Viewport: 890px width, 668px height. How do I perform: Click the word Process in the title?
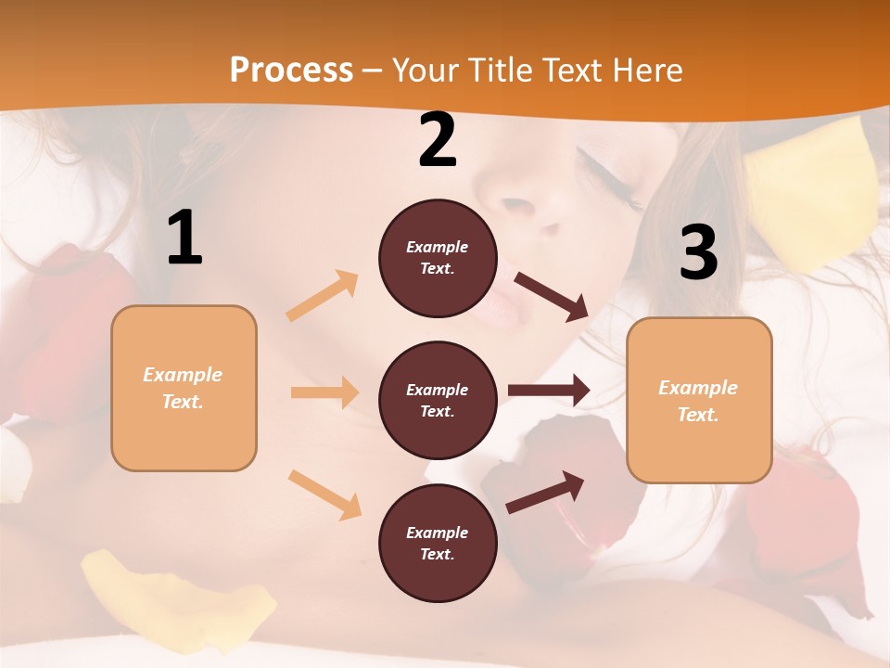pyautogui.click(x=291, y=70)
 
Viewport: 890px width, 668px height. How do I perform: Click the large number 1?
pyautogui.click(x=184, y=238)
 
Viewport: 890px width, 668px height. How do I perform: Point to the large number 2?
pyautogui.click(x=438, y=140)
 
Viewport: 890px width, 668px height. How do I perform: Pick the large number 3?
pyautogui.click(x=699, y=252)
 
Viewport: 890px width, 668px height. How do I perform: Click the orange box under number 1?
pyautogui.click(x=184, y=388)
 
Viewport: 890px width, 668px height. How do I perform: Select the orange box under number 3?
pyautogui.click(x=699, y=400)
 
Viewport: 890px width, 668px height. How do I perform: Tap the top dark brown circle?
pyautogui.click(x=438, y=258)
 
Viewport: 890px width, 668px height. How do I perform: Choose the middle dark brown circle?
pyautogui.click(x=438, y=400)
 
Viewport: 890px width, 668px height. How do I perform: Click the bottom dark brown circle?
pyautogui.click(x=438, y=543)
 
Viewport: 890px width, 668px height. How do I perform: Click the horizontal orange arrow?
pyautogui.click(x=324, y=392)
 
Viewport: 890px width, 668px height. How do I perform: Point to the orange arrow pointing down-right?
pyautogui.click(x=325, y=494)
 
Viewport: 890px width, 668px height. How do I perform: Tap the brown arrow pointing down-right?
pyautogui.click(x=552, y=297)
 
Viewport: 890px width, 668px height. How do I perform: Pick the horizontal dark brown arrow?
pyautogui.click(x=549, y=391)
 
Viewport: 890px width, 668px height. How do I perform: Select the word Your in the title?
pyautogui.click(x=425, y=70)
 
